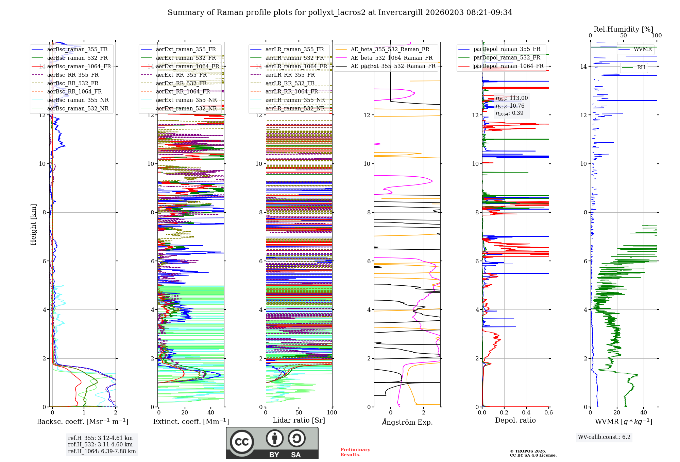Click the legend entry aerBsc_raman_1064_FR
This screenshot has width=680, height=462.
pyautogui.click(x=79, y=66)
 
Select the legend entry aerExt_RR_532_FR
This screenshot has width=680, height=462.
pyautogui.click(x=181, y=83)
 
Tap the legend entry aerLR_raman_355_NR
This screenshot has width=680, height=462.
pyautogui.click(x=295, y=100)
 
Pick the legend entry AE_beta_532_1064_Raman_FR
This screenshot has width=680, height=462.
pyautogui.click(x=391, y=58)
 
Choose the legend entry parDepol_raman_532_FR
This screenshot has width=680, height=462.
pyautogui.click(x=507, y=58)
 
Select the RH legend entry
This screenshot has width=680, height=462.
pyautogui.click(x=641, y=67)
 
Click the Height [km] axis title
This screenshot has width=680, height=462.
pyautogui.click(x=33, y=224)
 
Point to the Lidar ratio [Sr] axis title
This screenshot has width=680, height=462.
pyautogui.click(x=299, y=420)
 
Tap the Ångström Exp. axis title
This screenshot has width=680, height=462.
pyautogui.click(x=407, y=422)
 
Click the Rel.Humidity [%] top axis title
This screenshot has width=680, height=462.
pyautogui.click(x=623, y=29)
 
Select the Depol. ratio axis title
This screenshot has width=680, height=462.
pyautogui.click(x=515, y=420)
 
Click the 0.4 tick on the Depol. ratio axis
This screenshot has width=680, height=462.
pyautogui.click(x=526, y=412)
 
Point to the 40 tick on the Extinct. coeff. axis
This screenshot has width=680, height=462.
pyautogui.click(x=211, y=412)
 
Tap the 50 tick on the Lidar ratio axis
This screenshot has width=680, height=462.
pyautogui.click(x=299, y=412)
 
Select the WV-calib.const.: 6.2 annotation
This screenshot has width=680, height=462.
pyautogui.click(x=604, y=437)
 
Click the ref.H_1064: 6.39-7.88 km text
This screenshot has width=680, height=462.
pyautogui.click(x=102, y=451)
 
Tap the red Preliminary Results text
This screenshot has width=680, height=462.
pyautogui.click(x=355, y=452)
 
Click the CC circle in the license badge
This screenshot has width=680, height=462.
pyautogui.click(x=242, y=442)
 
